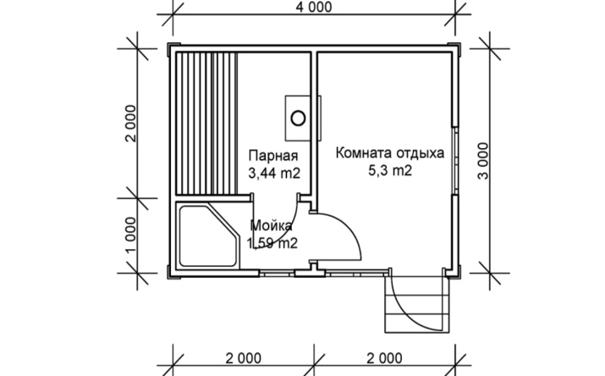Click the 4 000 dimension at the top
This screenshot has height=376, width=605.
click(x=314, y=7)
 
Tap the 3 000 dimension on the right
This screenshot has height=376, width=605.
click(x=483, y=161)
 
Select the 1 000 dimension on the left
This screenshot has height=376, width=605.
click(x=131, y=235)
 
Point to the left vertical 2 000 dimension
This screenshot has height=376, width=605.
click(x=131, y=124)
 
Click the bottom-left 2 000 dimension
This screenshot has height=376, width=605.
click(x=244, y=358)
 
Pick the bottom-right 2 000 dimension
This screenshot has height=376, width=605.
click(x=384, y=358)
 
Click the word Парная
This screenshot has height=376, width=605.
click(x=273, y=156)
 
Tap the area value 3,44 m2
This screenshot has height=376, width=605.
click(x=274, y=174)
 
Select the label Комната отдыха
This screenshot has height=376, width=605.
click(x=390, y=153)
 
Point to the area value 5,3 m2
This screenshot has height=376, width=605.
click(x=390, y=170)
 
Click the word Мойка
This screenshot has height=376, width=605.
click(x=272, y=225)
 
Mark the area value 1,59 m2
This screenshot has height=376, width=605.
click(x=272, y=243)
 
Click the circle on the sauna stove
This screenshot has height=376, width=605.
click(x=298, y=118)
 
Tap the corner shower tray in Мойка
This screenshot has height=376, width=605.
click(x=208, y=235)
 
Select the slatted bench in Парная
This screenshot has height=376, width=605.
click(x=206, y=124)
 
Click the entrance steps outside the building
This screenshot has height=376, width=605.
click(x=417, y=304)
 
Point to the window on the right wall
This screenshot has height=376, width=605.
click(x=455, y=161)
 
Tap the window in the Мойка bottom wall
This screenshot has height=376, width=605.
click(x=277, y=274)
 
